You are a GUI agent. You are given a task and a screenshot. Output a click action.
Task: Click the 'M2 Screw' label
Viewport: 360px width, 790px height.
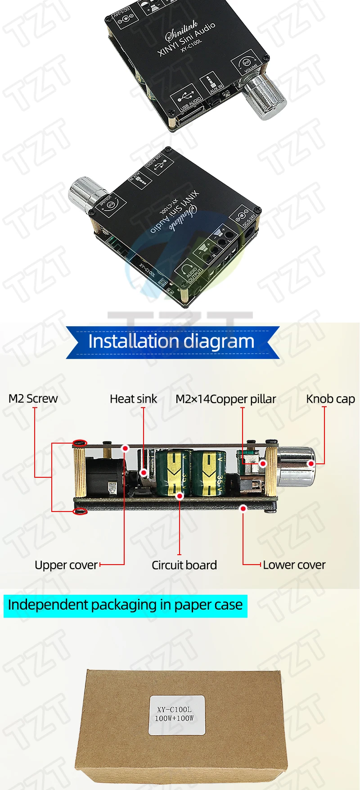click(33, 399)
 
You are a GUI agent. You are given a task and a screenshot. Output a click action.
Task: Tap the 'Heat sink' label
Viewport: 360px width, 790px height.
click(133, 399)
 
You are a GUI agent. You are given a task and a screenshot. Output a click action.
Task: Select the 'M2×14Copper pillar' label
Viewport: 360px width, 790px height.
click(225, 399)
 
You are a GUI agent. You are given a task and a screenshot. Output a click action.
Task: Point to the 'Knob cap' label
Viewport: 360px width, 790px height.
click(330, 399)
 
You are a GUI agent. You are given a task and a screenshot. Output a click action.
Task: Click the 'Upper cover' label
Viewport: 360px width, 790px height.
click(66, 565)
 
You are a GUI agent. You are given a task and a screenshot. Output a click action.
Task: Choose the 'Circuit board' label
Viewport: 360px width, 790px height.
click(184, 565)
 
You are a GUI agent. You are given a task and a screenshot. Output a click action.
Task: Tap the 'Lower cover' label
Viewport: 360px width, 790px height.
click(294, 565)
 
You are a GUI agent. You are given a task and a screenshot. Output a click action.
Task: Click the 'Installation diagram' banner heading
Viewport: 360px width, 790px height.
click(171, 341)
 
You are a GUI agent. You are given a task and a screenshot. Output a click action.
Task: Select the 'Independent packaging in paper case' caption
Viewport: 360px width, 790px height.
click(125, 605)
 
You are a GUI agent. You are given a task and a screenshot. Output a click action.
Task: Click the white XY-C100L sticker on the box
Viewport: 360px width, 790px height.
click(176, 715)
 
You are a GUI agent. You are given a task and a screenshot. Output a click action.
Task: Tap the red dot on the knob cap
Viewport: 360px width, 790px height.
click(311, 463)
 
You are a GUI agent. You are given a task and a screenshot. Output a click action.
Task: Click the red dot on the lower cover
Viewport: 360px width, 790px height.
click(243, 508)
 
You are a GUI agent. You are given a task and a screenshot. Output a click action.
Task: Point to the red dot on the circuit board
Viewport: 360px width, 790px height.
click(180, 496)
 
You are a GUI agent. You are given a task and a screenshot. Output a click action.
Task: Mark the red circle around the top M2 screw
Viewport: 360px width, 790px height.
click(80, 444)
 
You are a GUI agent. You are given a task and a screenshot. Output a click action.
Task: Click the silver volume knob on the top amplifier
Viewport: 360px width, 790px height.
click(265, 96)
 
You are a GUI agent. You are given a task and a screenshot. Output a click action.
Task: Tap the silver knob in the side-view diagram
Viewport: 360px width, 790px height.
click(295, 466)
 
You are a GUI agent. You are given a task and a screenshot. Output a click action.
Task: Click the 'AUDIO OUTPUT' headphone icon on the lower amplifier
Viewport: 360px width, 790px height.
click(191, 271)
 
